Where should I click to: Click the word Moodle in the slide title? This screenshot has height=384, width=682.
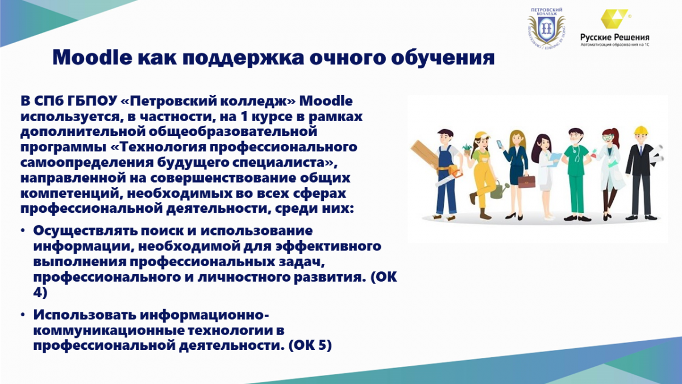pyautogui.click(x=92, y=57)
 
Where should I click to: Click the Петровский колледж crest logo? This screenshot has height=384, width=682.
pyautogui.click(x=547, y=27)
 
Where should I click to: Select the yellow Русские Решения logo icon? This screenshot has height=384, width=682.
pyautogui.click(x=614, y=19)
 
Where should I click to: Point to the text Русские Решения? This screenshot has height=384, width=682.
pyautogui.click(x=615, y=38)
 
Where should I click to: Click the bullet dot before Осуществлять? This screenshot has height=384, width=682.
pyautogui.click(x=23, y=231)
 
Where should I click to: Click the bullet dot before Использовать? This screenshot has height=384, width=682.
pyautogui.click(x=23, y=315)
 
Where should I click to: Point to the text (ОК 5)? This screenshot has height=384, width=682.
pyautogui.click(x=309, y=346)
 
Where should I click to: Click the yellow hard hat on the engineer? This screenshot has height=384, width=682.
pyautogui.click(x=641, y=130)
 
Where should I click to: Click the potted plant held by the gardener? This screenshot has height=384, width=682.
pyautogui.click(x=467, y=149)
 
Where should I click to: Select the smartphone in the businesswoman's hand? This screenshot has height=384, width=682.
pyautogui.click(x=500, y=144)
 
